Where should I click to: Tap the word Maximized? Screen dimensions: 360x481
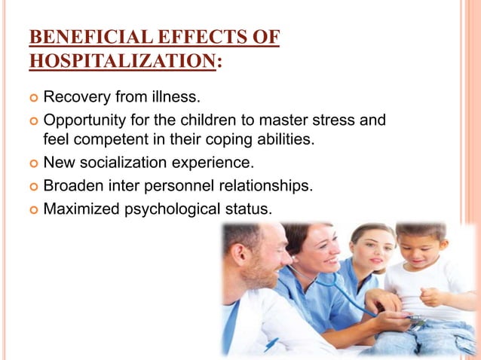(x=80, y=206)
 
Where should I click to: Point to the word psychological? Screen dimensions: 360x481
(x=170, y=206)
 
